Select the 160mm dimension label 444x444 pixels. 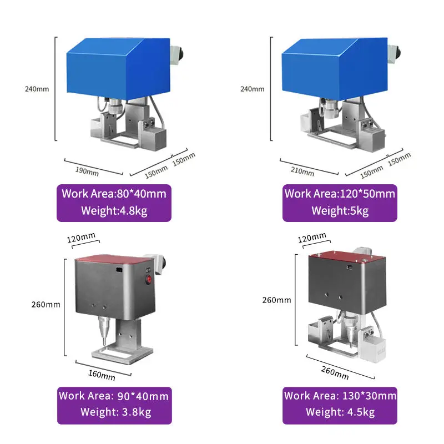coord(102,375)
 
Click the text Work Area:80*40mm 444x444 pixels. coord(114,194)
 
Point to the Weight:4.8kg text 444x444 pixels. coord(114,210)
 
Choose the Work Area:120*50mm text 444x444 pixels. coord(340,194)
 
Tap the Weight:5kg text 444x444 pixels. coord(340,210)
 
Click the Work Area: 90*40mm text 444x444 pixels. coord(114,396)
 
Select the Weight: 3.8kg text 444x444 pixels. coord(114,412)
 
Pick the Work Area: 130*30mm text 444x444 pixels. coord(340,396)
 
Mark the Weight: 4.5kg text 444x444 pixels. coord(340,412)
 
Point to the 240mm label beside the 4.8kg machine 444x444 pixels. coord(36,89)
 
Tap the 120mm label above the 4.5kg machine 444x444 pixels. coord(311,238)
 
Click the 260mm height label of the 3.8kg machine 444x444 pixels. coord(46,304)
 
